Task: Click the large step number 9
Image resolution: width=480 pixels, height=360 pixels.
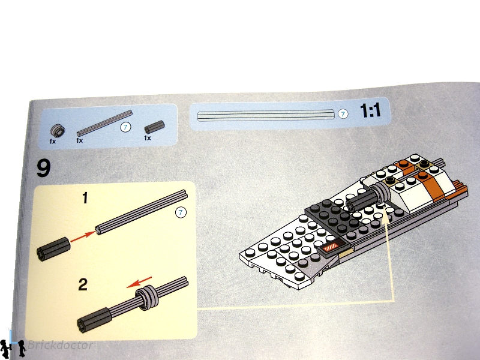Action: coord(43,168)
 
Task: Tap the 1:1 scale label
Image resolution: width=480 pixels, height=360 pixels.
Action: coord(370,110)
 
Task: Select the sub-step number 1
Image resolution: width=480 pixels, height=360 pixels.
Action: coord(85,198)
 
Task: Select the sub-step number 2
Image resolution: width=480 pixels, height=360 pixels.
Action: coord(83,284)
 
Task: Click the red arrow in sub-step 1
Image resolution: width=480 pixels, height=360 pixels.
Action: coord(83,236)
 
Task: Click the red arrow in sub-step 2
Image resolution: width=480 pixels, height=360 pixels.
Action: coord(139,282)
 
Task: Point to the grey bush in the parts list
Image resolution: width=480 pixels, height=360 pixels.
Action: coord(57,131)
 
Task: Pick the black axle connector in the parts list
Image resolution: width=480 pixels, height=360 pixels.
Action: coord(154,127)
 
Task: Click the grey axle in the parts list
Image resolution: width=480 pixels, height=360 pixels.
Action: coord(104,123)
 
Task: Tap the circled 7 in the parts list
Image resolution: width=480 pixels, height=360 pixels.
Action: coord(125,127)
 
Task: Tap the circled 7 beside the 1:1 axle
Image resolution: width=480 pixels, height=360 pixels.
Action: coord(343,114)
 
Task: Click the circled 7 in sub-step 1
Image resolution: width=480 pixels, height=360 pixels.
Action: coord(181,212)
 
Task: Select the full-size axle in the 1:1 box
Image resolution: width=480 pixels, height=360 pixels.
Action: coord(266,115)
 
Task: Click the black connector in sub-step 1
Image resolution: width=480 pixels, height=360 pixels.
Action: coord(53,248)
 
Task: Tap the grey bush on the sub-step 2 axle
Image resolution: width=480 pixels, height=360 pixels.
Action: coord(147,298)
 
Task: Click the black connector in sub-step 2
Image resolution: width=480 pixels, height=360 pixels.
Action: coord(94,320)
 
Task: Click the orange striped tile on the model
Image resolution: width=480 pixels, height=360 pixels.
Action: coord(332,247)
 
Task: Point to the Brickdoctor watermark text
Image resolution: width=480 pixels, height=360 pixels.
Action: coord(60,346)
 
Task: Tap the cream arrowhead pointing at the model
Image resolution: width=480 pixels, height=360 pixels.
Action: coord(386,218)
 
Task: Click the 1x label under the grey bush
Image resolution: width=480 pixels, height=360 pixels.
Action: coord(53,141)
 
